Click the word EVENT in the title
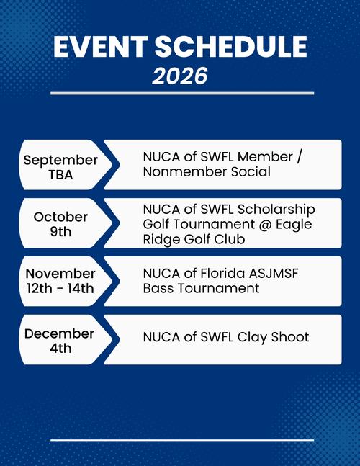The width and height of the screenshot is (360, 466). tap(100, 46)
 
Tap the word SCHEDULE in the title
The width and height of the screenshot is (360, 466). tap(231, 46)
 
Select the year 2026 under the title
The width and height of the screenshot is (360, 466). tap(180, 76)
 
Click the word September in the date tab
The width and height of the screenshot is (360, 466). tap(60, 161)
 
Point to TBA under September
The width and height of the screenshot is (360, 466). tap(60, 174)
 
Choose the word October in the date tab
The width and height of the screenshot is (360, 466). tap(60, 217)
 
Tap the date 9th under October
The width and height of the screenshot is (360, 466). tap(60, 232)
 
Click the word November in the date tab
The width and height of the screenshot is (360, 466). tap(60, 274)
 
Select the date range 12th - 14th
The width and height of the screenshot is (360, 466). tap(60, 289)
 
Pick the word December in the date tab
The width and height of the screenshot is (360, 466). tap(60, 333)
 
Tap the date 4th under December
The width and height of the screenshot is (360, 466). tap(60, 349)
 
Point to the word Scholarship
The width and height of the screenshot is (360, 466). tap(276, 210)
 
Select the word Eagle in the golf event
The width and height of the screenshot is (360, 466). tap(294, 225)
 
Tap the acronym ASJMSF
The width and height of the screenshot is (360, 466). tap(274, 274)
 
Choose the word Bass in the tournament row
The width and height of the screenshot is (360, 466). tap(158, 288)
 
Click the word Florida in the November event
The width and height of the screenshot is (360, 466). tap(222, 274)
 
